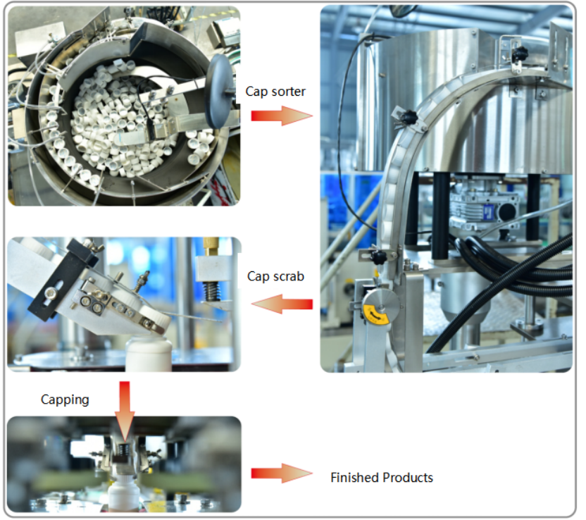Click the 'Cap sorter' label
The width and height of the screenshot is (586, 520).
(x=275, y=92)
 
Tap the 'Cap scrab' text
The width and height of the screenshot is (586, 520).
(x=275, y=276)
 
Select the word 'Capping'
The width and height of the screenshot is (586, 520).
(x=65, y=400)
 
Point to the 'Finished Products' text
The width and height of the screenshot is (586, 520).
(x=382, y=478)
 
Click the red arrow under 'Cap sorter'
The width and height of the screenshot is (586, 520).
(x=282, y=116)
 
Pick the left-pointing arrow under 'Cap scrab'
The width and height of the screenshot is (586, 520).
(x=282, y=304)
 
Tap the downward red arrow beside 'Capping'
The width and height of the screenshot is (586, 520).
(x=125, y=411)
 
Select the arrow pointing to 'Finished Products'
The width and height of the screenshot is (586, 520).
(x=282, y=473)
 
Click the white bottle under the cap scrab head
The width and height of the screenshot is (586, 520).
(x=149, y=353)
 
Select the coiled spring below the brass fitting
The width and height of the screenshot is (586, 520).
(x=211, y=291)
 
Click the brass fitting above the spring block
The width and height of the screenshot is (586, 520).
(x=211, y=247)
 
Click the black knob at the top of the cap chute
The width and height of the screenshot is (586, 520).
(x=519, y=54)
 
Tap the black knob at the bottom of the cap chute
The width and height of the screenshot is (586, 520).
(x=378, y=257)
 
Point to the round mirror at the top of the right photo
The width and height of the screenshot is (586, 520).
(x=403, y=10)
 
